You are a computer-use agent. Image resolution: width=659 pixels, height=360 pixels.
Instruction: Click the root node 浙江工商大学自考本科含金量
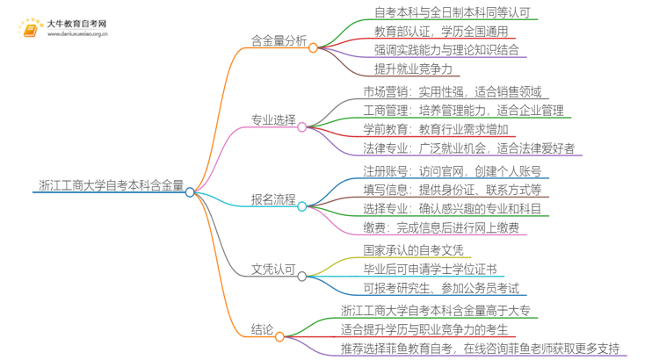pyautogui.click(x=112, y=185)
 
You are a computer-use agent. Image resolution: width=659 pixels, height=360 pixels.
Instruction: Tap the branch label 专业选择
pyautogui.click(x=273, y=120)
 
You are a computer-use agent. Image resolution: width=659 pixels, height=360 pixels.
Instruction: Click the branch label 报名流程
pyautogui.click(x=273, y=200)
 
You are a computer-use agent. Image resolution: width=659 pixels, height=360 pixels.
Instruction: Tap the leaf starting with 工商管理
pyautogui.click(x=463, y=111)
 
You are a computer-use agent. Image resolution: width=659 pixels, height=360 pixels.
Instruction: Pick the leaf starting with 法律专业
pyautogui.click(x=468, y=148)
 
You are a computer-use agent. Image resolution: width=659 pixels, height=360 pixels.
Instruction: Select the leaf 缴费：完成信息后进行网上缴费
pyautogui.click(x=440, y=227)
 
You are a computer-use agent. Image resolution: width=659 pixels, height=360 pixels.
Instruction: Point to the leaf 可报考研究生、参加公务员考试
pyautogui.click(x=440, y=288)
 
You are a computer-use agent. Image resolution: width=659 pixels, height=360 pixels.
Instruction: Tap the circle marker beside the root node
pyautogui.click(x=191, y=191)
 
